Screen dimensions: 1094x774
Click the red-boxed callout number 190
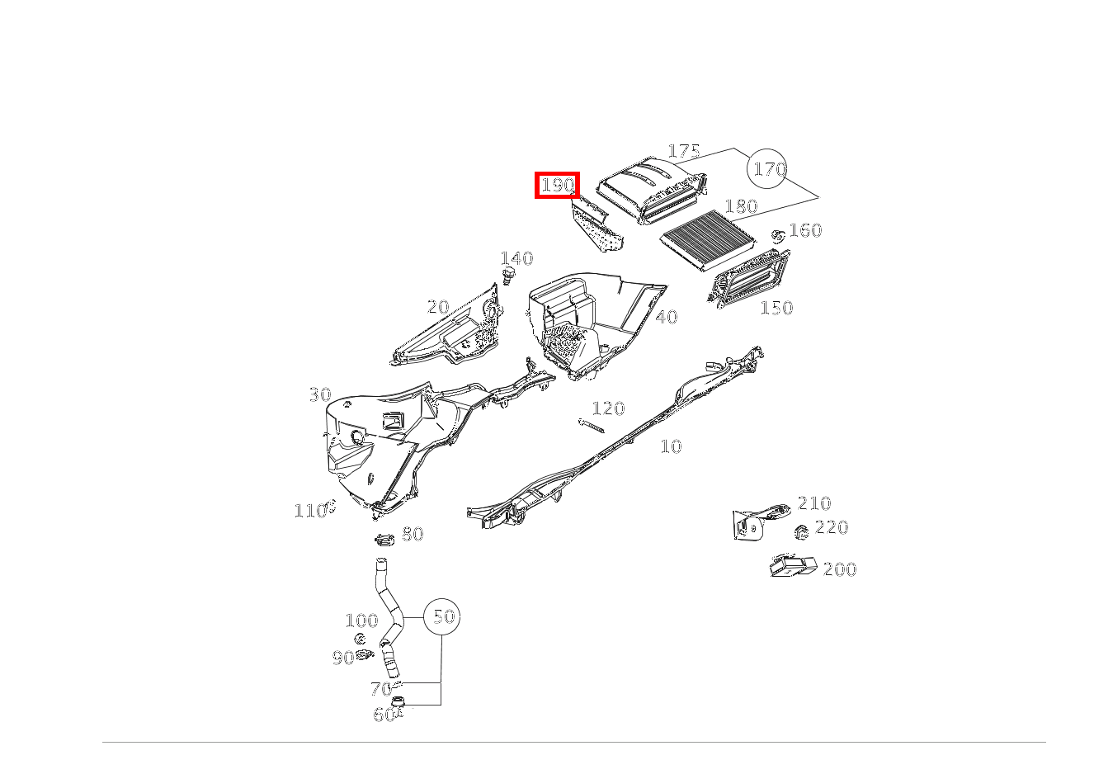(557, 185)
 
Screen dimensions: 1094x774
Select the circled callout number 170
(767, 169)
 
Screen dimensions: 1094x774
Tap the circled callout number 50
(441, 616)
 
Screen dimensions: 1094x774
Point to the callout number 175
(684, 151)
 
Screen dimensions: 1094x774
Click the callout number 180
(741, 206)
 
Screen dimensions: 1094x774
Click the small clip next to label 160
(778, 235)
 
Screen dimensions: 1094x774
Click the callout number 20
(437, 307)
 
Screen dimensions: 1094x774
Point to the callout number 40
(666, 317)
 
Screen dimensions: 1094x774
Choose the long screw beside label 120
(592, 425)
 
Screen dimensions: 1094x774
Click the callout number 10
(671, 446)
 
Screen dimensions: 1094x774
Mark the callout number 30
(320, 394)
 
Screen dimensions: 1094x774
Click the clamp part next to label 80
(384, 540)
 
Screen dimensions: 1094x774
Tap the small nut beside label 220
(801, 531)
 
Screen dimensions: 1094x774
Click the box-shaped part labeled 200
(793, 565)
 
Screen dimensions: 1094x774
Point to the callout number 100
(361, 621)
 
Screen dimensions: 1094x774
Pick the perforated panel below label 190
(597, 224)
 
